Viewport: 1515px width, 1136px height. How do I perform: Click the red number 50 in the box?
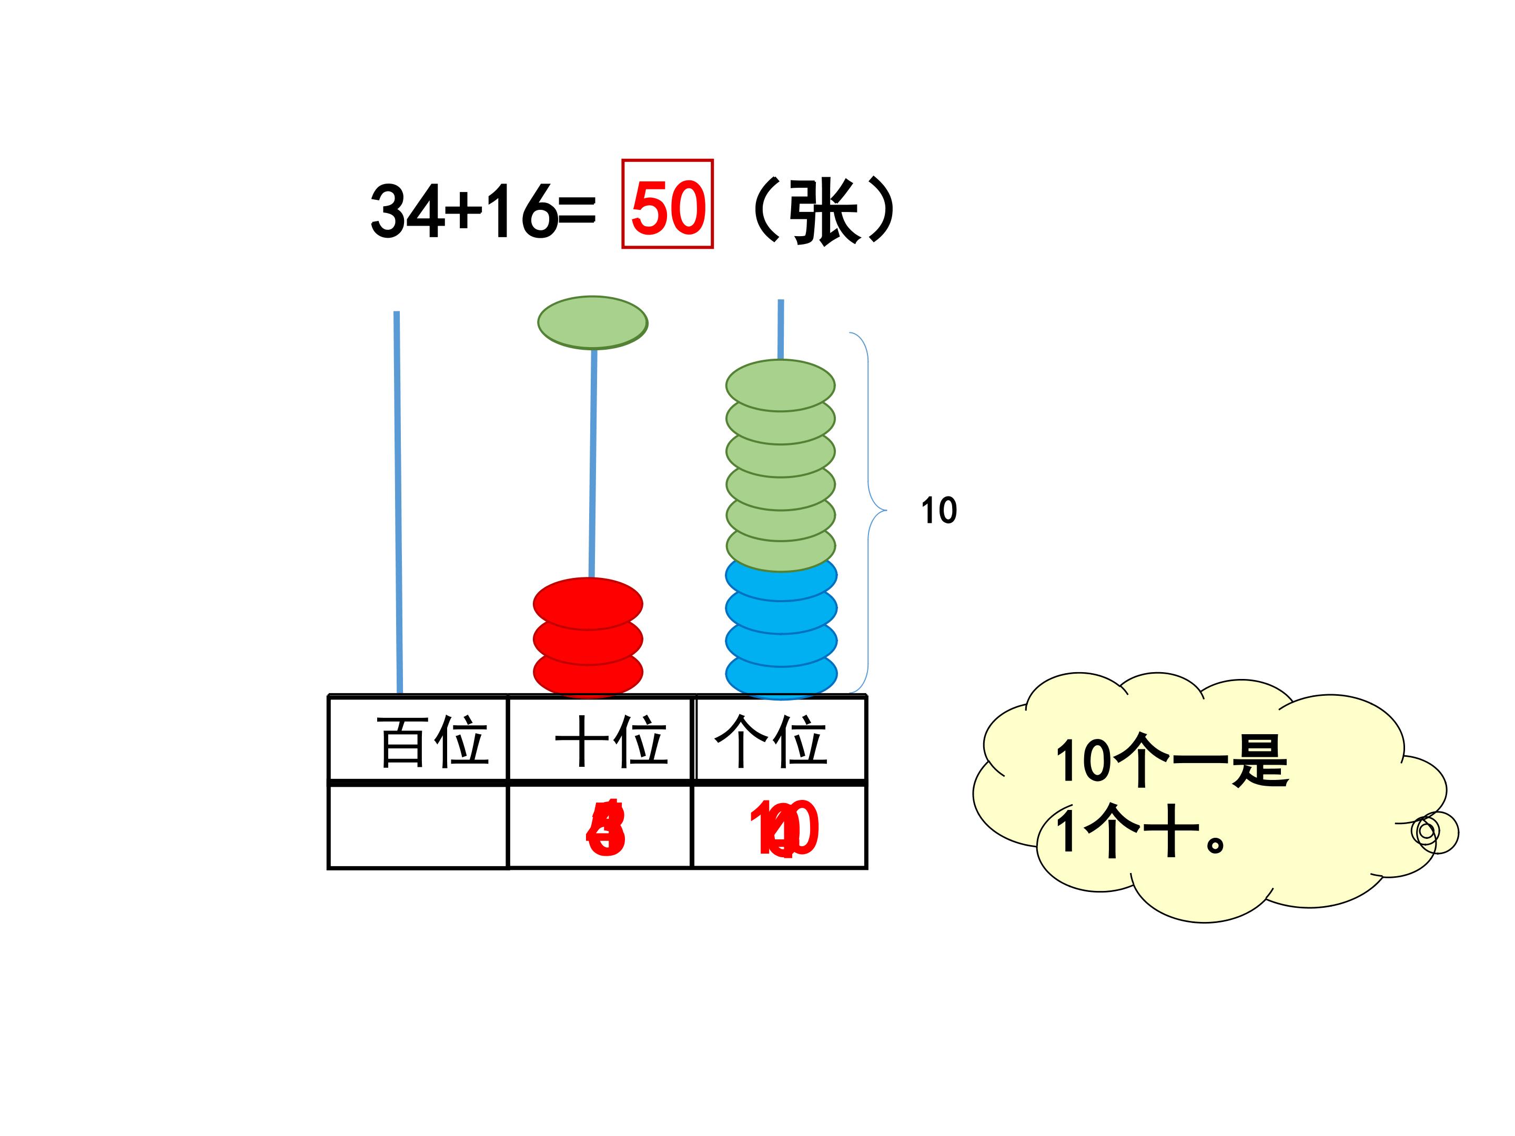(668, 207)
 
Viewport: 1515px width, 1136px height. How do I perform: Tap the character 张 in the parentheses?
(823, 211)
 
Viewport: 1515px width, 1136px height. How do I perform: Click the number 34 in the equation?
(406, 211)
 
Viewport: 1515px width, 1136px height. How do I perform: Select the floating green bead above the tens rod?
(592, 322)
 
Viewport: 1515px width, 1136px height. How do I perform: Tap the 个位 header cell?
(780, 739)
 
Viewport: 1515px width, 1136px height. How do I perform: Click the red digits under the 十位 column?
(605, 828)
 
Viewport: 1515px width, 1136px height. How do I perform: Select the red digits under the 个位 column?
(784, 828)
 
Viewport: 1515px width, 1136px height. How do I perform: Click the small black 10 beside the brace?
(938, 511)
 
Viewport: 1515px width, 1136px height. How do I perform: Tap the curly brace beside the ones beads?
(868, 511)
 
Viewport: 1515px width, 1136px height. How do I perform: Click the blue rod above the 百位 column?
(398, 500)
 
